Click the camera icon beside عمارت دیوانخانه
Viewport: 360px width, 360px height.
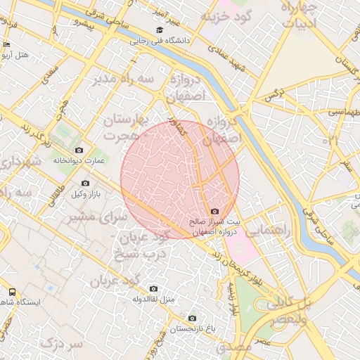click(x=78, y=150)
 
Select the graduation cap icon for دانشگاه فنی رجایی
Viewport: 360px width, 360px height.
click(x=160, y=31)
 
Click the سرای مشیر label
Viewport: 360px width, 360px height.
click(x=91, y=218)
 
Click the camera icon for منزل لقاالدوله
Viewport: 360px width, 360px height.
click(x=154, y=288)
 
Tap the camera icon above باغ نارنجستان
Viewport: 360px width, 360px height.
click(x=192, y=319)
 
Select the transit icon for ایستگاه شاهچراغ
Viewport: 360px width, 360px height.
click(x=12, y=292)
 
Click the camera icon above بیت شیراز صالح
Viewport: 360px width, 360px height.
click(x=214, y=211)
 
